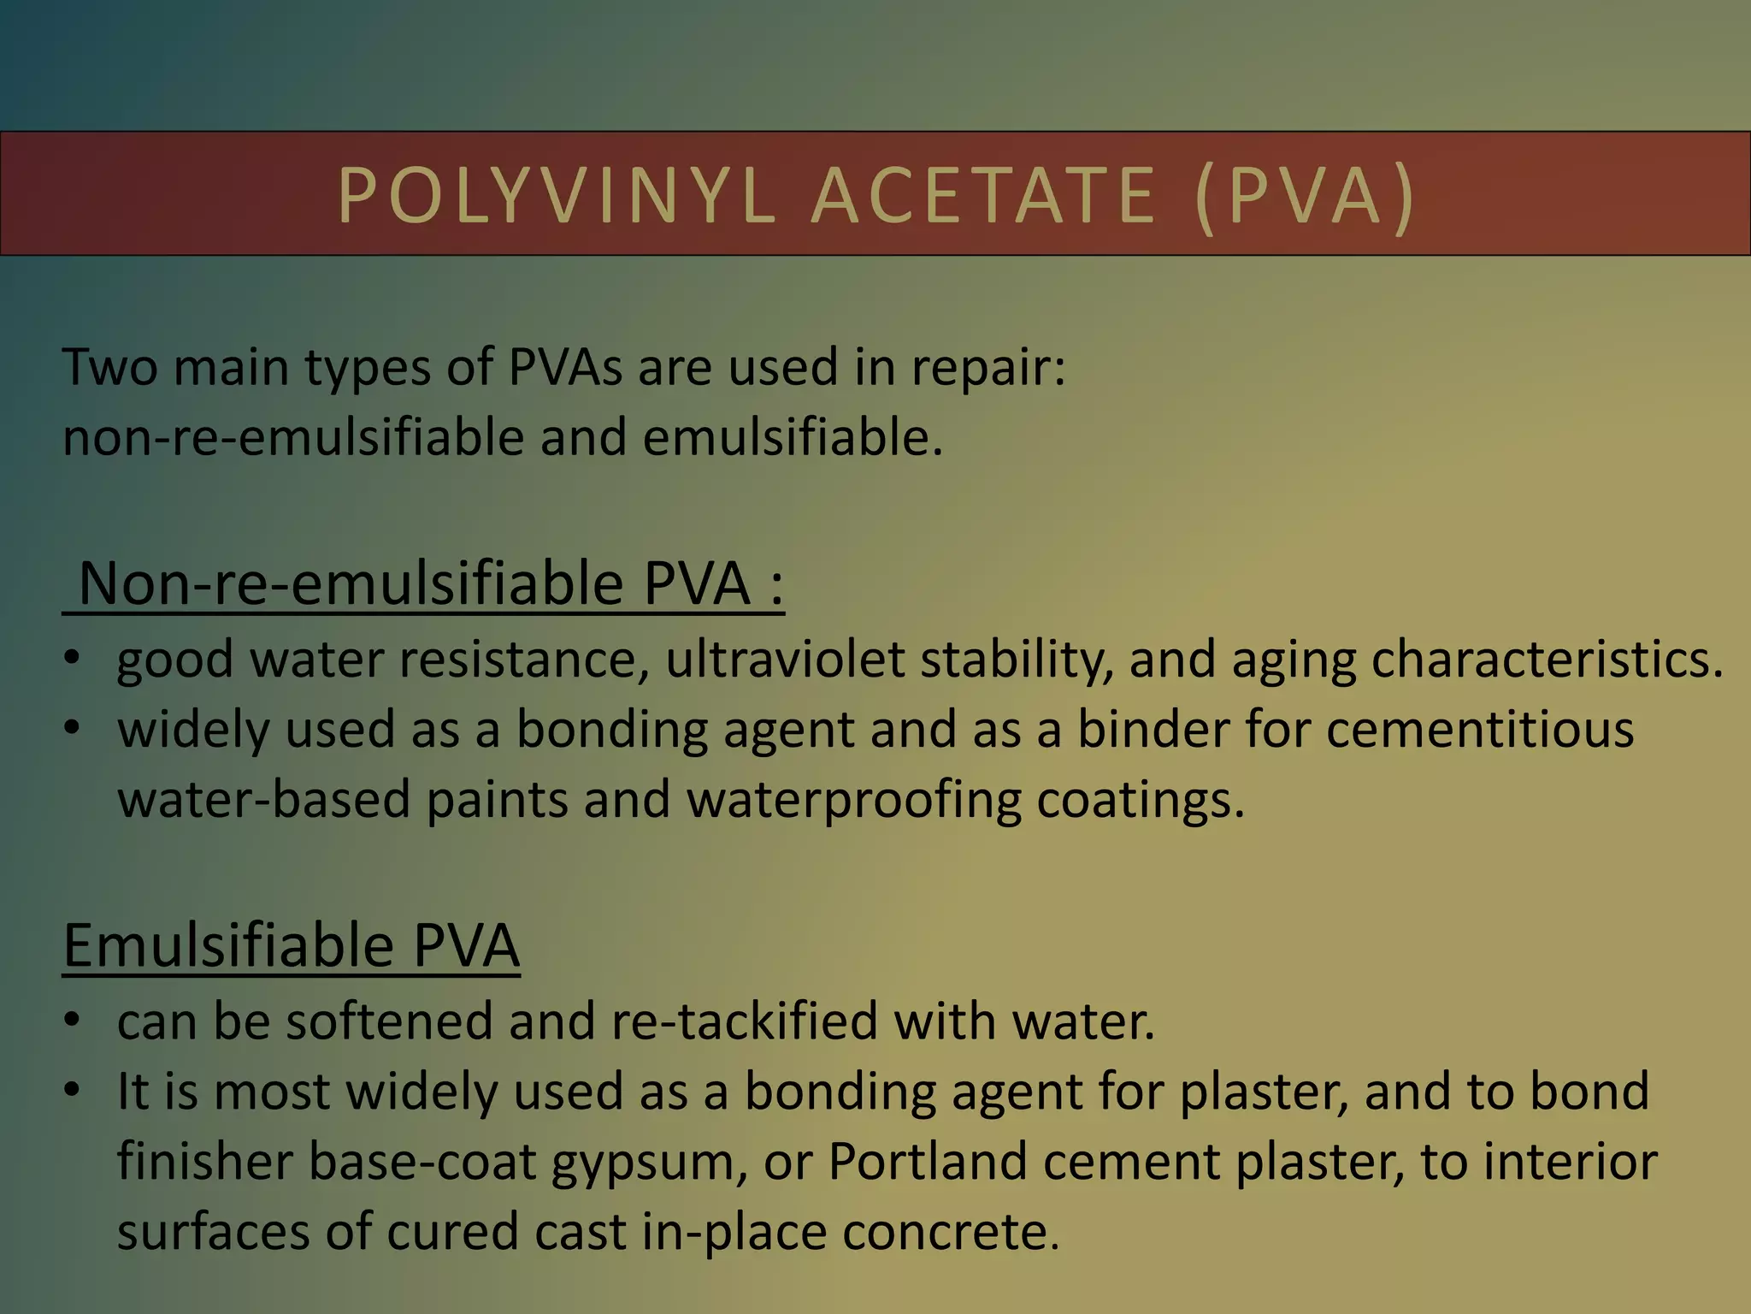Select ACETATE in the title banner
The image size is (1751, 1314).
[x=984, y=196]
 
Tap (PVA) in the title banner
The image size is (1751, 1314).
[x=1305, y=196]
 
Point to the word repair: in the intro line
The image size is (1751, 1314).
[x=988, y=368]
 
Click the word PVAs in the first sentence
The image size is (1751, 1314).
[x=565, y=368]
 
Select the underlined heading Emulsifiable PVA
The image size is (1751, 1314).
[x=292, y=945]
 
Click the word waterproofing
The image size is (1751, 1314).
[x=854, y=800]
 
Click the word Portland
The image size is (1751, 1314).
[x=928, y=1162]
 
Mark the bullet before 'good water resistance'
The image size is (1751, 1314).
[x=73, y=660]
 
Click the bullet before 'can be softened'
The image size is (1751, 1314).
[x=73, y=1021]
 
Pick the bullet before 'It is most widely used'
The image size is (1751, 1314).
[x=73, y=1092]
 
